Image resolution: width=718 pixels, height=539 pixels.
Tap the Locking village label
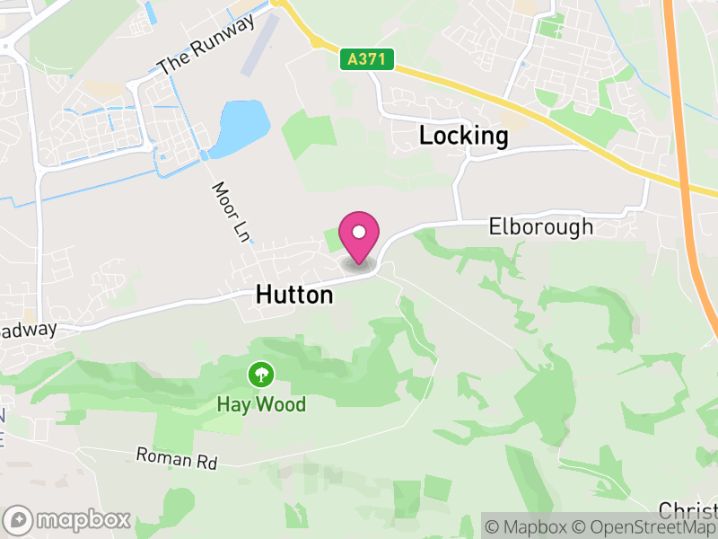point(464,137)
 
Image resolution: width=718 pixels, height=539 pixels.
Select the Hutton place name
point(294,294)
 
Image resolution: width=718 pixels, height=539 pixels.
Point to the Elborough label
point(541,226)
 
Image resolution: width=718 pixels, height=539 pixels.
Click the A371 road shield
point(368,60)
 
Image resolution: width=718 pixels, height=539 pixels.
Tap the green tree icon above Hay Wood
point(261,374)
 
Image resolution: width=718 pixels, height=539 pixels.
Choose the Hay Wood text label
point(261,404)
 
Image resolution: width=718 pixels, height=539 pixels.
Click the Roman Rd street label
point(177,459)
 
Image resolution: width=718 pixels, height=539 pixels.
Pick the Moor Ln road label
point(230,213)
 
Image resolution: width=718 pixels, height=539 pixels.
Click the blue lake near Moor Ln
point(242,127)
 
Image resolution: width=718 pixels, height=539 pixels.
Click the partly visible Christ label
point(689,509)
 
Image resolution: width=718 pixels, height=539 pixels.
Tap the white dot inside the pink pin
point(359,232)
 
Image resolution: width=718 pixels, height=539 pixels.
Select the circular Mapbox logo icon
point(19,519)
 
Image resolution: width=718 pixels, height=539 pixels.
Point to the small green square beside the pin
point(332,239)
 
